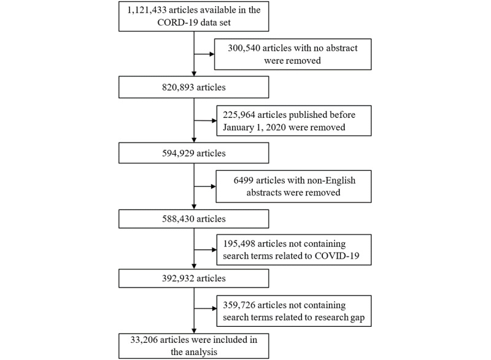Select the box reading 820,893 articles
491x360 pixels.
point(194,88)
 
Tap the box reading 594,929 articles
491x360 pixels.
point(194,152)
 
